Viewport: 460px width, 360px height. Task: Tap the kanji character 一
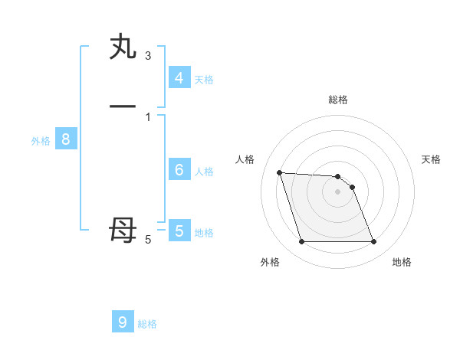point(123,105)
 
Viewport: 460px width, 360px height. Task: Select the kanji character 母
point(123,230)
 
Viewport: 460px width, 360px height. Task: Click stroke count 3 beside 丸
point(148,56)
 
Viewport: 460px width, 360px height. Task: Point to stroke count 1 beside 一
point(148,116)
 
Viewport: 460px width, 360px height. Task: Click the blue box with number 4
point(179,78)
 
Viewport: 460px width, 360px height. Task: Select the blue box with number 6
point(179,170)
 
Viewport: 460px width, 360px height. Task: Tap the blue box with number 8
point(66,139)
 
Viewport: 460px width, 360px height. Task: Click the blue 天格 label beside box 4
point(204,80)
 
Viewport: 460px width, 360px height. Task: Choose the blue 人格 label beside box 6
point(204,172)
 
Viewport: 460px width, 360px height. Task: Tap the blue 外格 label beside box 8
point(41,141)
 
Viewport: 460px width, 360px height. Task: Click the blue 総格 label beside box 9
point(147,324)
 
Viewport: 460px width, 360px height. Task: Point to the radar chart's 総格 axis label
point(338,100)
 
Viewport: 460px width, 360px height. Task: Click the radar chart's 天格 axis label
point(431,159)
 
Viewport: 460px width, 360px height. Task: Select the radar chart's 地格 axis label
point(402,262)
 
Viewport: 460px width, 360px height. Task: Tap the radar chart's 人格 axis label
point(245,159)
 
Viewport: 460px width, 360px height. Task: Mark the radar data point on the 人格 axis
point(279,172)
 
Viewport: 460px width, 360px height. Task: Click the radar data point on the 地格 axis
point(373,242)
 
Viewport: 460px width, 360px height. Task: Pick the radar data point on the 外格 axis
point(301,242)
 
